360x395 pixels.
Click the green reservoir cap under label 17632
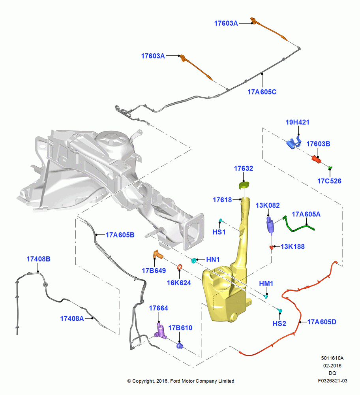(244, 185)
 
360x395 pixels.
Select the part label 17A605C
(262, 92)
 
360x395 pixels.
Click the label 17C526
(329, 181)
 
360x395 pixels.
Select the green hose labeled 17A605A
(298, 225)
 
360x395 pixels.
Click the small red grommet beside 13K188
(272, 247)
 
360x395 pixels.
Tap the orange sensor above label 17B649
(158, 254)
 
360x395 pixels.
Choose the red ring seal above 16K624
(179, 267)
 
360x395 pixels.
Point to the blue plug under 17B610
(180, 345)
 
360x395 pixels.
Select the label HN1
(213, 260)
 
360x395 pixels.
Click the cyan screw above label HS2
(279, 310)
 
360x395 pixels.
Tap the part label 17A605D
(322, 322)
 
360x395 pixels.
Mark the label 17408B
(39, 259)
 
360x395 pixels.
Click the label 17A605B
(120, 235)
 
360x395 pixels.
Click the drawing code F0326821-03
(332, 381)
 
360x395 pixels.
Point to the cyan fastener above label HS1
(221, 221)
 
